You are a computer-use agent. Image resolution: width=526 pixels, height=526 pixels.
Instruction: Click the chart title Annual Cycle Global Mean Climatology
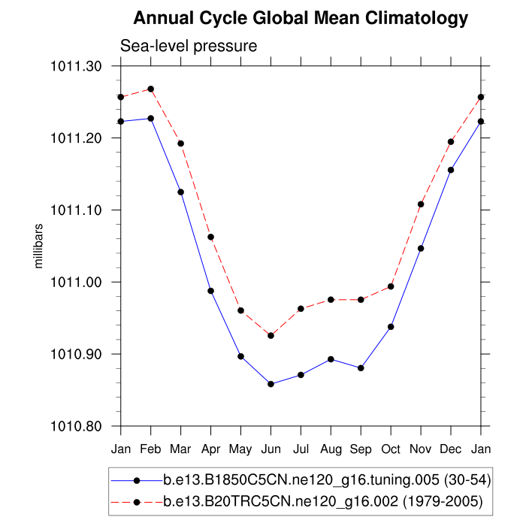300,18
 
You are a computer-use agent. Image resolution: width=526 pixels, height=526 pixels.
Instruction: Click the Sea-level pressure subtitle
189,47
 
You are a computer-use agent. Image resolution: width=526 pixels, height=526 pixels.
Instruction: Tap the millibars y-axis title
40,246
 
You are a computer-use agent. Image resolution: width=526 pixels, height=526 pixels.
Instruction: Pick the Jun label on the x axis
271,449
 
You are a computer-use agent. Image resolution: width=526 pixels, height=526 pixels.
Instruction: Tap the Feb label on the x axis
150,449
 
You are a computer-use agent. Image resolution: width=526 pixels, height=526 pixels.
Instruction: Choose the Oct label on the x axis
391,449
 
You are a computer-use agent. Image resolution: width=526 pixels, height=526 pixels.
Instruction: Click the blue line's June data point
271,384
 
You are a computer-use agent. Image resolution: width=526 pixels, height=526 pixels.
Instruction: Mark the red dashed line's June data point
271,335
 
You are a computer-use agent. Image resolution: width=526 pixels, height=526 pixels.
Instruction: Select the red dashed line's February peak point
150,89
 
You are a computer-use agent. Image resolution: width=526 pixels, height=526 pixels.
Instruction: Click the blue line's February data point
150,118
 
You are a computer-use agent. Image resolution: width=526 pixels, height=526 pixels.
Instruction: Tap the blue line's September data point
361,367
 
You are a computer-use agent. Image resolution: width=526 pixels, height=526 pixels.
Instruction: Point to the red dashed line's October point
391,286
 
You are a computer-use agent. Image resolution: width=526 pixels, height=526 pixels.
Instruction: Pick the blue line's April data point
210,290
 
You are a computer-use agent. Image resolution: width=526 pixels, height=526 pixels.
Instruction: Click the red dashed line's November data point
421,204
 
